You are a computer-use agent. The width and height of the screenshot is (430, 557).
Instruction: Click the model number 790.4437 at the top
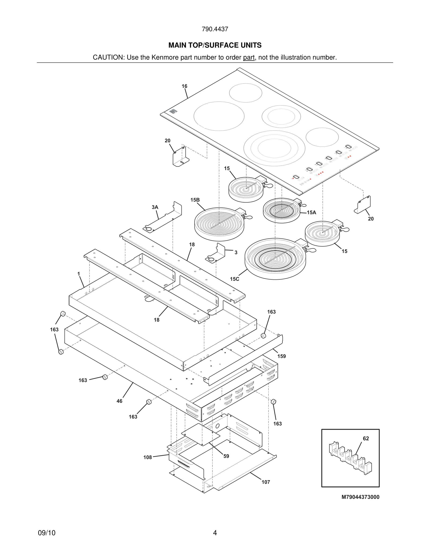pyautogui.click(x=215, y=29)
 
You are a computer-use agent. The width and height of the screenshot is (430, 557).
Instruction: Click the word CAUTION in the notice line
pyautogui.click(x=108, y=57)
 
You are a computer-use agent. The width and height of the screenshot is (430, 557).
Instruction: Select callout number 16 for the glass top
pyautogui.click(x=184, y=86)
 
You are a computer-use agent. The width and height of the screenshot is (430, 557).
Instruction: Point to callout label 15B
pyautogui.click(x=195, y=200)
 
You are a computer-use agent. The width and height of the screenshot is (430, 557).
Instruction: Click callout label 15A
pyautogui.click(x=311, y=212)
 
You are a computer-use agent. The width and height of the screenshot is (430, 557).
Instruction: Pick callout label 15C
pyautogui.click(x=234, y=279)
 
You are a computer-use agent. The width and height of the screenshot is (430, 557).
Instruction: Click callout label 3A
pyautogui.click(x=155, y=207)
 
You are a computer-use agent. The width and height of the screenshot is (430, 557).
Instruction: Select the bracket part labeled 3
pyautogui.click(x=217, y=252)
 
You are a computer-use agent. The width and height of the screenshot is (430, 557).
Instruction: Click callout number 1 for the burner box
pyautogui.click(x=79, y=274)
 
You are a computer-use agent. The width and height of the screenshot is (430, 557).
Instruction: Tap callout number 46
pyautogui.click(x=119, y=401)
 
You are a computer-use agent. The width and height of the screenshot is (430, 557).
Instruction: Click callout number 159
pyautogui.click(x=282, y=356)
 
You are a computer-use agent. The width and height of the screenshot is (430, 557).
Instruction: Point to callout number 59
pyautogui.click(x=226, y=456)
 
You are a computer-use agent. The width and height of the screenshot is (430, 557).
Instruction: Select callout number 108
pyautogui.click(x=148, y=457)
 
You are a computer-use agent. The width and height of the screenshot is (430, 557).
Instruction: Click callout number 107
pyautogui.click(x=266, y=482)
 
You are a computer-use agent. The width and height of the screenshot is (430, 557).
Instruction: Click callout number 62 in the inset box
pyautogui.click(x=366, y=438)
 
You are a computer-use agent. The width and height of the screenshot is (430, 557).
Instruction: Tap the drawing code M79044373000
pyautogui.click(x=360, y=497)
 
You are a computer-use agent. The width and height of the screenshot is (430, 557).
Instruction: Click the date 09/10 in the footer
pyautogui.click(x=47, y=533)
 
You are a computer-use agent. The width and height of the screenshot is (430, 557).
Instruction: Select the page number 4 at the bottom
pyautogui.click(x=215, y=533)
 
